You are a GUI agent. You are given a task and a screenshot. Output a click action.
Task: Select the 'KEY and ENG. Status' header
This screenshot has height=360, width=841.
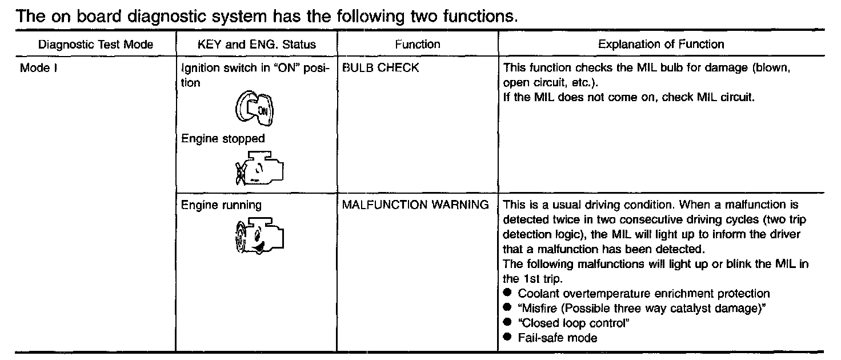[256, 45]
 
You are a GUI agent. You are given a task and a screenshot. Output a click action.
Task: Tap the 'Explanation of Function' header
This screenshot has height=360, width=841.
[661, 45]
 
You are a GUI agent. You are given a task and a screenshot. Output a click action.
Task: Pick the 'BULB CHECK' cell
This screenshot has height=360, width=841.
[381, 69]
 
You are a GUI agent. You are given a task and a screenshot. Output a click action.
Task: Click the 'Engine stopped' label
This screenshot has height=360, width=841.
[223, 139]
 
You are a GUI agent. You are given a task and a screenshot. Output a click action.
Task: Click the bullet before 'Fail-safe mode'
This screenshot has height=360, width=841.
[507, 338]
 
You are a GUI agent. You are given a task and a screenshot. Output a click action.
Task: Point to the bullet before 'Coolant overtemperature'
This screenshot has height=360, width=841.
[507, 293]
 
